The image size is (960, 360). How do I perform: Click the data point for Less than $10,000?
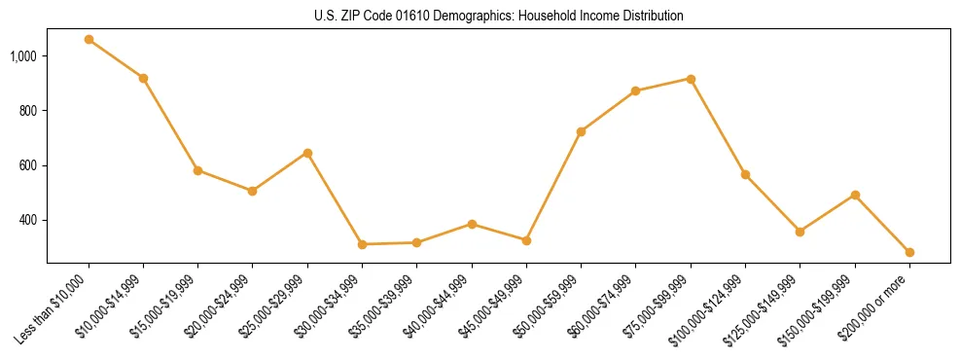[89, 40]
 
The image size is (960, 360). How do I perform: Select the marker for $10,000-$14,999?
[143, 78]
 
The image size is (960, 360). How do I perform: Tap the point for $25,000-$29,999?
[307, 153]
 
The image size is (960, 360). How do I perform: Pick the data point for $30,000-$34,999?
[362, 244]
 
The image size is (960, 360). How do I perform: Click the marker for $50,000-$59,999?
[581, 131]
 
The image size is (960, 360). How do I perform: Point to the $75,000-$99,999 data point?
[691, 79]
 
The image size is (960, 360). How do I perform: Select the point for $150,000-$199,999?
[855, 195]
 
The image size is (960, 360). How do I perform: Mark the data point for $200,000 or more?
[909, 252]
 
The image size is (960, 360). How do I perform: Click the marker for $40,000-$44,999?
[472, 224]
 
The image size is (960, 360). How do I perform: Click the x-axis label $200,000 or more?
[879, 304]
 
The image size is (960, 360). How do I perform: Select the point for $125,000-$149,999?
[800, 232]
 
